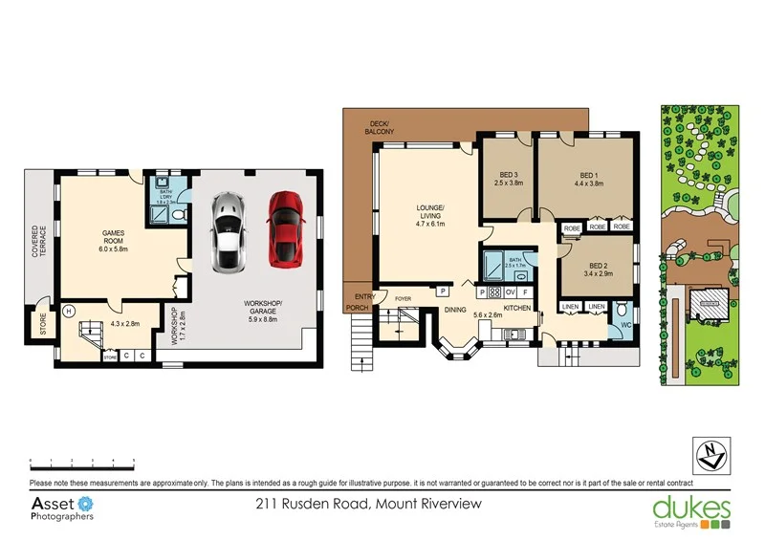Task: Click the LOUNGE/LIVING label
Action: [x=428, y=217]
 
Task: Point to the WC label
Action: [x=625, y=326]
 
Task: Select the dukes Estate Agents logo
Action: [x=690, y=510]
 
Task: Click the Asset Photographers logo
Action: [x=63, y=508]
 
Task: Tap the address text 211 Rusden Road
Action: [x=368, y=504]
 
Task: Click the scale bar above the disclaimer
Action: [x=80, y=463]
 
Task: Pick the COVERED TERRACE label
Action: [x=36, y=240]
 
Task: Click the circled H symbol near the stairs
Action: [x=69, y=311]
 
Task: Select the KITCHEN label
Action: [x=517, y=309]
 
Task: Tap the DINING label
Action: [x=455, y=310]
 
